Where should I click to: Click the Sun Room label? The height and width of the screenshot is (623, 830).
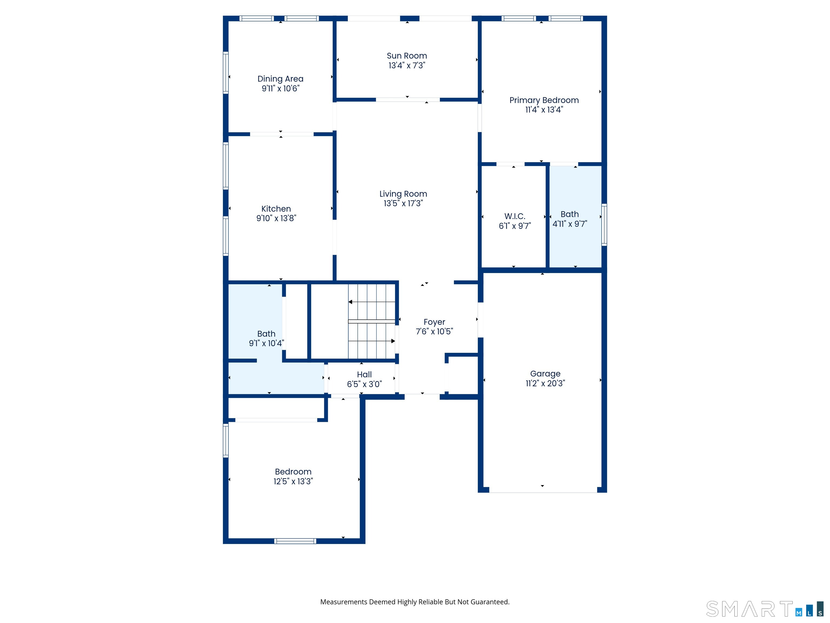(x=407, y=56)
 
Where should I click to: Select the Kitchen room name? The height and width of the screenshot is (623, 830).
(x=276, y=209)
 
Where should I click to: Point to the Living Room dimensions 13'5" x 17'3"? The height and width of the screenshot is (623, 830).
(x=403, y=203)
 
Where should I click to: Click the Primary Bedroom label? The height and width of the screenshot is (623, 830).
(x=544, y=100)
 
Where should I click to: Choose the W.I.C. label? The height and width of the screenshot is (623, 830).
(x=515, y=216)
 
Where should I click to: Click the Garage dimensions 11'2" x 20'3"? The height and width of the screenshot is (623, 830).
(x=545, y=383)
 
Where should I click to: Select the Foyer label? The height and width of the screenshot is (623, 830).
(x=434, y=322)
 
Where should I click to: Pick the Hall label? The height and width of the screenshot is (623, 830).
(x=364, y=375)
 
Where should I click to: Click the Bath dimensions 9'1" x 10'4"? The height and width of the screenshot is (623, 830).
(x=266, y=343)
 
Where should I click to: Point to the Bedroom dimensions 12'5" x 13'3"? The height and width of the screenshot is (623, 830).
(x=293, y=481)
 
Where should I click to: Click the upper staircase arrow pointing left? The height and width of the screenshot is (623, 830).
(x=372, y=302)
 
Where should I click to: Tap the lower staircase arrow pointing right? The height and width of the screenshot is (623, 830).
(x=372, y=341)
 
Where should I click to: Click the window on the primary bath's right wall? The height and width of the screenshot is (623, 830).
(x=604, y=224)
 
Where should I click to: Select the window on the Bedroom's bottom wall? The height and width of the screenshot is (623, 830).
(x=295, y=541)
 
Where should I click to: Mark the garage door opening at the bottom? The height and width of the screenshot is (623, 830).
(x=543, y=490)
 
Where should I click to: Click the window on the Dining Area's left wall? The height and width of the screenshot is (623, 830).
(x=226, y=72)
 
